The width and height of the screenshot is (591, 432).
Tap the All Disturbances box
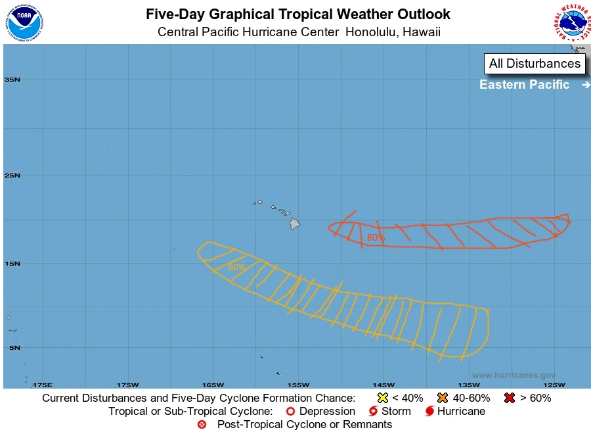(x=535, y=64)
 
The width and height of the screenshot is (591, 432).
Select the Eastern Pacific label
(x=524, y=84)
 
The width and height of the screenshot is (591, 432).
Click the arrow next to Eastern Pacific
(x=585, y=85)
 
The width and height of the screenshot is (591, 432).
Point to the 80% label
(x=376, y=237)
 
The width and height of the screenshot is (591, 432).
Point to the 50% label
(x=236, y=267)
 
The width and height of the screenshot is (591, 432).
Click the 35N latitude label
(x=12, y=80)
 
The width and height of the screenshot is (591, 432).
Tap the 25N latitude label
(x=12, y=176)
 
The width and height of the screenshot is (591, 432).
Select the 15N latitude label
(x=12, y=264)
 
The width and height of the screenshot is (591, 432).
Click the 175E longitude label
(x=42, y=385)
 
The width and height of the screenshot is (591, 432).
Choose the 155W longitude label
(x=298, y=385)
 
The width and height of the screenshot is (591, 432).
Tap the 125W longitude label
(x=554, y=385)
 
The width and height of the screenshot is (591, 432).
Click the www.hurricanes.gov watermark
(x=514, y=375)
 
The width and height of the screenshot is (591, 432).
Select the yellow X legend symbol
(x=383, y=398)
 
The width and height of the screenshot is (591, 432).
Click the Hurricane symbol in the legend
(x=429, y=412)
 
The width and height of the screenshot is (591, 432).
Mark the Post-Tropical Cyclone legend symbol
(x=202, y=425)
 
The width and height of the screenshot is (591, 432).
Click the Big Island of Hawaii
(x=295, y=224)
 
